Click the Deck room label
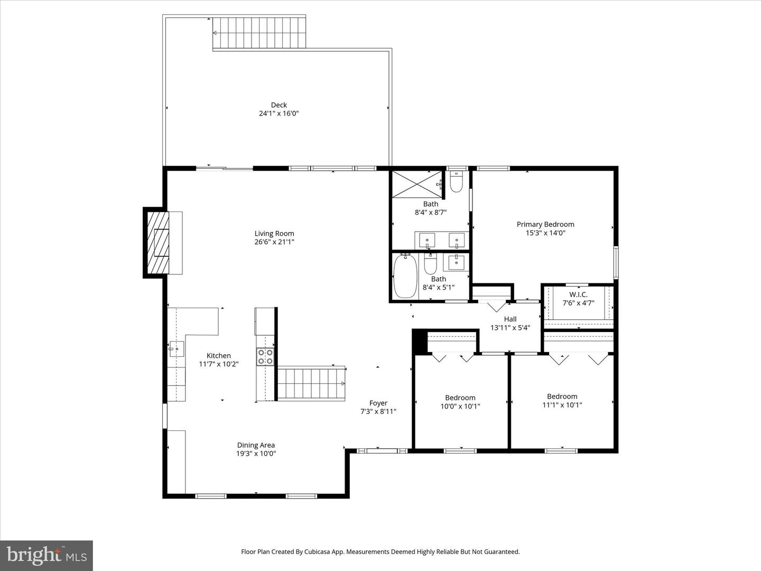pos(279,105)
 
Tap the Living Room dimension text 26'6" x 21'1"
pos(274,242)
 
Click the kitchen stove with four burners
pos(265,357)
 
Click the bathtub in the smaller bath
pos(405,277)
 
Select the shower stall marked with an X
pos(417,184)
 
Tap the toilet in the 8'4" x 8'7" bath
pos(456,182)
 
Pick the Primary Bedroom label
pos(545,224)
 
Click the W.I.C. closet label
pos(578,294)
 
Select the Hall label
pos(510,319)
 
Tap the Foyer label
pos(378,403)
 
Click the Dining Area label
pos(256,445)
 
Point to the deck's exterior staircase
pos(259,33)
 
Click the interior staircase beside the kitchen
pos(311,384)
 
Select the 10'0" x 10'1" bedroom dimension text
pos(460,407)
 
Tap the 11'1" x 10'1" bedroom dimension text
pos(562,405)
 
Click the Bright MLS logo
pos(47,555)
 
